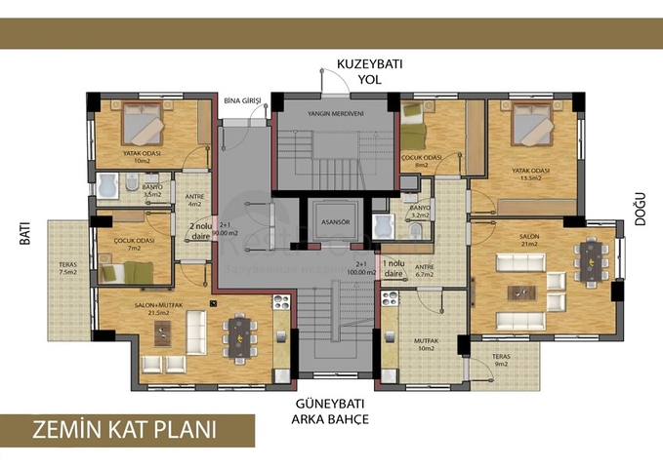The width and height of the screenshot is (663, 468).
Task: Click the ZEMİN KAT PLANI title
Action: click(124, 430)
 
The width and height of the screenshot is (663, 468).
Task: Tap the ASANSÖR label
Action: click(335, 221)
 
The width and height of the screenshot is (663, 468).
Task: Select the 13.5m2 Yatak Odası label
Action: click(531, 174)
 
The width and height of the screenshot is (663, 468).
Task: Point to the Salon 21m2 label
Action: click(529, 239)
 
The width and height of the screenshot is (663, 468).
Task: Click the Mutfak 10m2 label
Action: click(426, 343)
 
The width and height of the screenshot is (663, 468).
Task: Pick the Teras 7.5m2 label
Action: click(68, 268)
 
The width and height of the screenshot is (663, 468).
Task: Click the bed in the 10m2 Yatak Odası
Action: click(146, 125)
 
